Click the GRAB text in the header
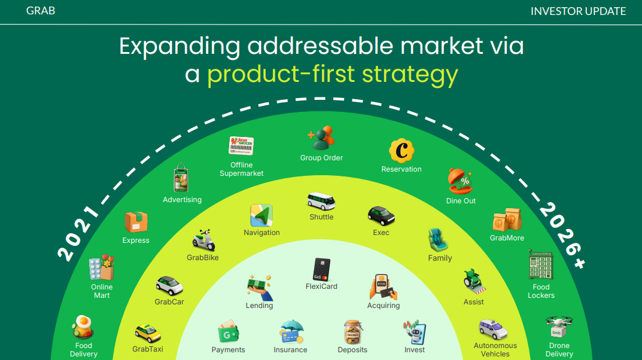point(41,11)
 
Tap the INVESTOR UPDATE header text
point(578,11)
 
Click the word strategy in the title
point(410,74)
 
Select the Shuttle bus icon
point(321,201)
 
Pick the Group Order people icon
point(321,138)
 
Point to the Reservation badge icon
point(401,151)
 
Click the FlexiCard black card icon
point(321,269)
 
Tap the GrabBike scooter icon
point(203,240)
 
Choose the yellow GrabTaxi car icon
point(148,333)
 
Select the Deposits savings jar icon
point(352,332)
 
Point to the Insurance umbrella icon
point(291,332)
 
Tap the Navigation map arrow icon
point(261,215)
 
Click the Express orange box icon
point(136,222)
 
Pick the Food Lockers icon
point(541,265)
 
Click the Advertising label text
point(182,200)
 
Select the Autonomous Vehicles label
point(495,350)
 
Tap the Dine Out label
point(461,201)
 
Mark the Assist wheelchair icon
point(474,281)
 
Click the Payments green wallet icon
point(228,332)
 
